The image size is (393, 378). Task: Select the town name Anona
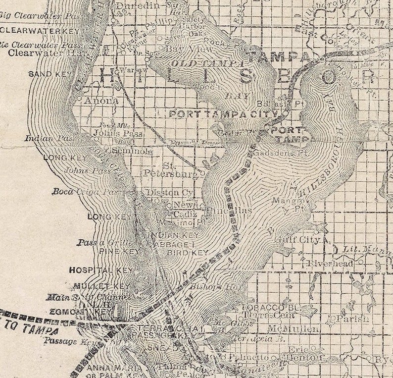tap(102, 101)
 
